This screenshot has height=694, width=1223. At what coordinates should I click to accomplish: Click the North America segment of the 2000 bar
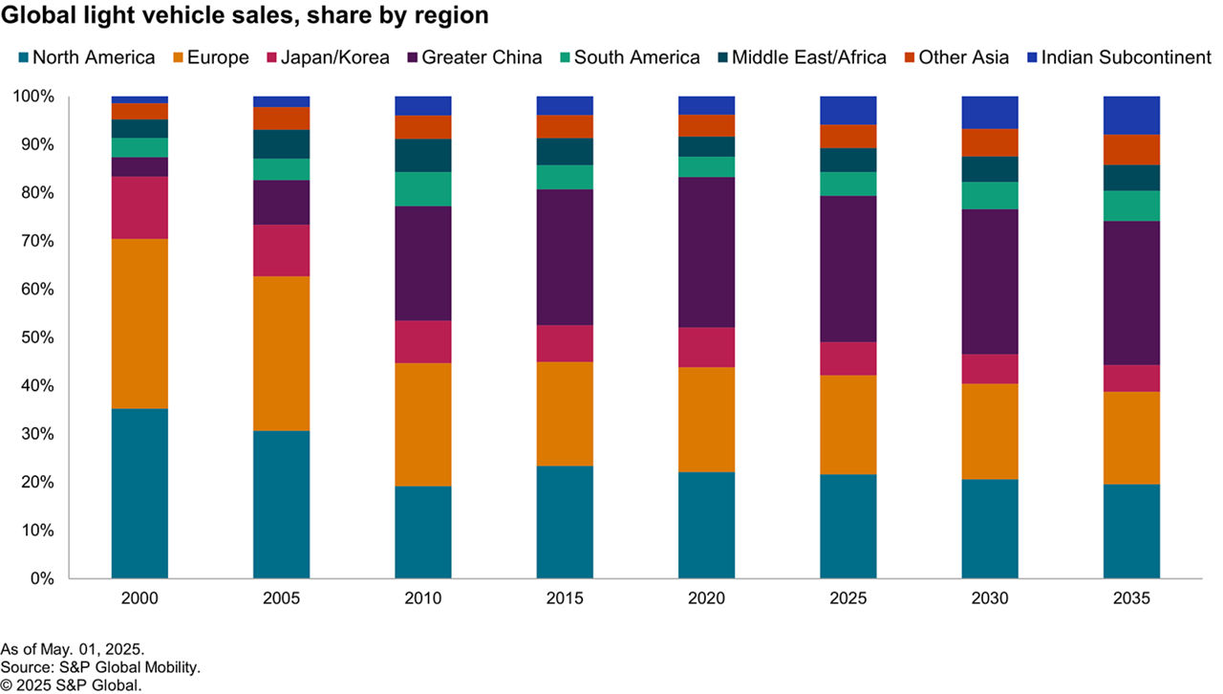click(139, 493)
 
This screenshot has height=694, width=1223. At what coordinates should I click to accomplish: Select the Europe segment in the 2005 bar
click(281, 353)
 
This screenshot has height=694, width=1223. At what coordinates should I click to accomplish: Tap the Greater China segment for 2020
click(706, 252)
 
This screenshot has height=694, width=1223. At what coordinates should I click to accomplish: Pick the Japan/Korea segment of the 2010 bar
click(422, 341)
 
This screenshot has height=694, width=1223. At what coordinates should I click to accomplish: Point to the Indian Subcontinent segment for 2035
click(1131, 115)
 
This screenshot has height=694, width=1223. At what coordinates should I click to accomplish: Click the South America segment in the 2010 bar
click(422, 189)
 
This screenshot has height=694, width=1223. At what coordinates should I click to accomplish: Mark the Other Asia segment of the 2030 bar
click(990, 142)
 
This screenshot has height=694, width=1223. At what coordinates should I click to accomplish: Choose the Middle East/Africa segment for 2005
click(281, 144)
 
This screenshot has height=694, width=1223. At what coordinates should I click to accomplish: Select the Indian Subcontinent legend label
click(1126, 57)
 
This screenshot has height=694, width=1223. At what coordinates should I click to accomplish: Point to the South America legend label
click(637, 57)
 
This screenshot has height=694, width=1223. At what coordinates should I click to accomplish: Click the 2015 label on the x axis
click(565, 598)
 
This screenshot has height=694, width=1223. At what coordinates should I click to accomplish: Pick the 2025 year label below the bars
click(848, 598)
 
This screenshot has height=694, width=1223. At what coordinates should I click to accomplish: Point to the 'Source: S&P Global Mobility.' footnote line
click(100, 667)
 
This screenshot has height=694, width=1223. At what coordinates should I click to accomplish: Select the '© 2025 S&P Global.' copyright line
click(72, 684)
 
